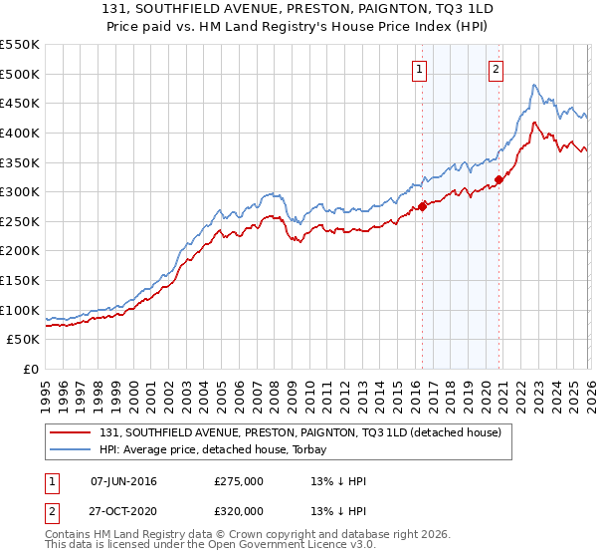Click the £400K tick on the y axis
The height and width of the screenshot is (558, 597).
[x=20, y=133]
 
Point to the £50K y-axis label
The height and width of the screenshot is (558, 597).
[x=24, y=340]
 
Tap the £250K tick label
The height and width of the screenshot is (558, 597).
[x=20, y=221]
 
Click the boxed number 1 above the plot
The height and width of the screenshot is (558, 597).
[x=420, y=70]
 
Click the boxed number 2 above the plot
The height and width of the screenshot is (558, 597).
[x=496, y=70]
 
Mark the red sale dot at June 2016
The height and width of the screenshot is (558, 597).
[x=422, y=206]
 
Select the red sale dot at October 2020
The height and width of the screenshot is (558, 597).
[x=498, y=180]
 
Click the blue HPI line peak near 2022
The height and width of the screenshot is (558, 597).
[x=534, y=86]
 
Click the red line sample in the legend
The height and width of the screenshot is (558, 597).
[x=71, y=432]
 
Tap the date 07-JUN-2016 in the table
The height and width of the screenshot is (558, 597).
[x=123, y=481]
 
